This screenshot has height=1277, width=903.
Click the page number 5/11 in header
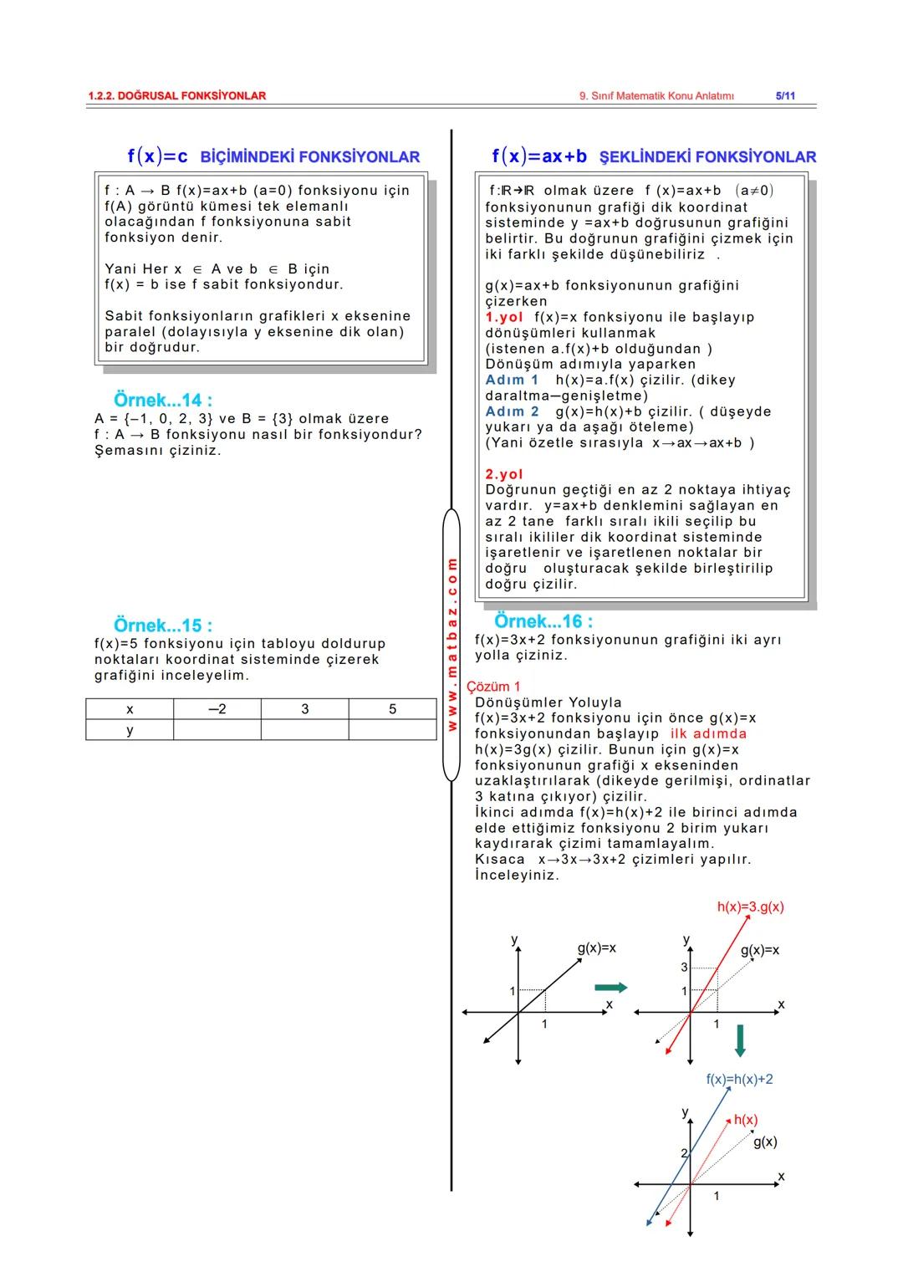tap(785, 95)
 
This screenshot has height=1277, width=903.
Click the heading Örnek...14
tap(162, 400)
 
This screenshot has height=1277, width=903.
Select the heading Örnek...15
tap(162, 625)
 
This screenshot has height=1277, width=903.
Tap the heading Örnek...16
tap(543, 621)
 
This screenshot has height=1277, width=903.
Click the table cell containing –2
tap(217, 709)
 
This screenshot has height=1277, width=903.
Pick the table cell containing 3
tap(304, 709)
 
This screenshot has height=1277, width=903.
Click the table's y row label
tap(130, 730)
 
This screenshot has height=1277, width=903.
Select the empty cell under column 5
tap(392, 730)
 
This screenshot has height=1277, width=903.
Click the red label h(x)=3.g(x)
tap(750, 907)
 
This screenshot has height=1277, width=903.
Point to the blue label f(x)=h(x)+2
tap(739, 1079)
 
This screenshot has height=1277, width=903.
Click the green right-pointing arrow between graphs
tap(610, 988)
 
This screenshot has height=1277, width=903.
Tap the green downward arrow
tap(739, 1039)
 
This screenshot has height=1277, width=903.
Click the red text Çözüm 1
tap(493, 687)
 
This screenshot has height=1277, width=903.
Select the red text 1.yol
tap(504, 317)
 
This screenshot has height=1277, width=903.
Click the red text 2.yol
tap(504, 474)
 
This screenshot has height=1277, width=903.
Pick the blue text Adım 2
tap(512, 411)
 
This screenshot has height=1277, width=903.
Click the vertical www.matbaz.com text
tap(451, 644)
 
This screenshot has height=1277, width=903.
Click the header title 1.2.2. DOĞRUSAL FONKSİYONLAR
tap(176, 95)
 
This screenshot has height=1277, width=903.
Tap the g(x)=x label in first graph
tap(596, 948)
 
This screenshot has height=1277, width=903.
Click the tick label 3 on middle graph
tap(683, 968)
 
